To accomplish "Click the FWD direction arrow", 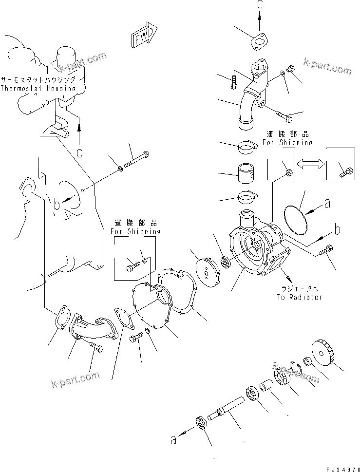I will [x=144, y=37].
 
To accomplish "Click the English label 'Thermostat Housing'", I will [x=38, y=89].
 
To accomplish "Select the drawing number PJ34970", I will [x=334, y=467].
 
